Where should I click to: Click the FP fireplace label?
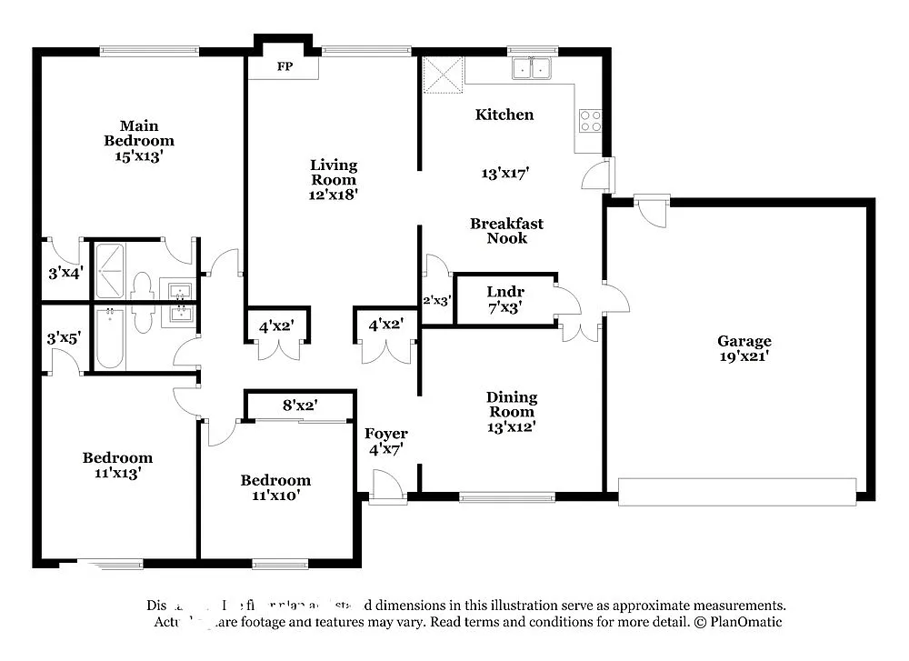coord(285,67)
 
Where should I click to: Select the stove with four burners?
coord(590,120)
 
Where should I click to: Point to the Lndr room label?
coord(505,291)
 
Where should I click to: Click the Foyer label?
coord(386,434)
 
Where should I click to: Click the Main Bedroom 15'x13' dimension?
coord(139,155)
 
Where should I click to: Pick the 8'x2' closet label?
coord(300,405)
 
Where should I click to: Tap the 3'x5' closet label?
coord(65,337)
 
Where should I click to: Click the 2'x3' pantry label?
coord(436,299)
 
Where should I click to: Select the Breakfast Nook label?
coord(506,231)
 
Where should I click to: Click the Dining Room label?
coord(512,405)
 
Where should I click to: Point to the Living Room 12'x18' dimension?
coord(334,194)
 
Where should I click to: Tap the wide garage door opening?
coord(736,492)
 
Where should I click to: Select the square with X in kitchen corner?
coord(445,75)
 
